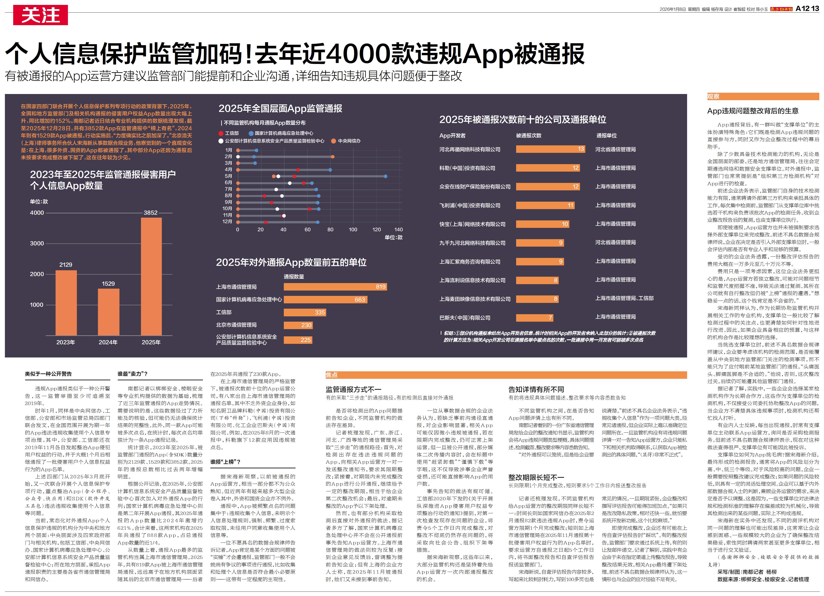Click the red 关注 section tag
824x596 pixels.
(40, 15)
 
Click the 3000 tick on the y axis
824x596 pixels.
(37, 243)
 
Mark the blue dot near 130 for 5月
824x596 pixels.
(385, 176)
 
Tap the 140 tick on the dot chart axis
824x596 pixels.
(399, 229)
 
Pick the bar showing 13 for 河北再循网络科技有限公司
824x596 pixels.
(550, 149)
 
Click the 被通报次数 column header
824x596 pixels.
(529, 136)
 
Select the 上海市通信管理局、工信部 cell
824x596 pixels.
(624, 298)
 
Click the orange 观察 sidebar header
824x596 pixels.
(713, 96)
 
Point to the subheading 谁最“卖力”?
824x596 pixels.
(132, 374)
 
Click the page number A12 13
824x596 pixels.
(807, 8)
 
